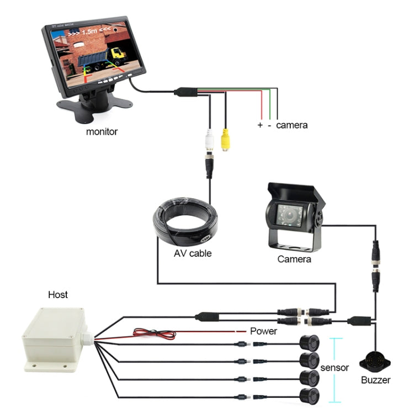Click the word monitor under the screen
point(102,132)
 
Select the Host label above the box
point(58,295)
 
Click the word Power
point(263,331)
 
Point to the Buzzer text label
point(375,380)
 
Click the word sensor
point(334,367)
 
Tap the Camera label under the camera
point(294,259)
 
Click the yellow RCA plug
point(225,140)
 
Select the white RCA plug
point(209,140)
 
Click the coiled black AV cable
point(185,224)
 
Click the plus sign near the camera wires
point(260,125)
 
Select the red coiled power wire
point(155,333)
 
